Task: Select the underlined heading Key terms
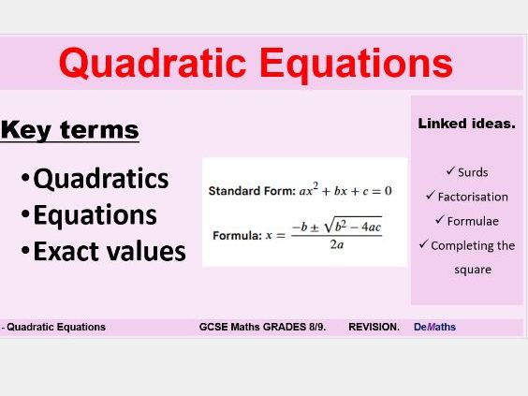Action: [69, 130]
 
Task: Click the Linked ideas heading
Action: [466, 124]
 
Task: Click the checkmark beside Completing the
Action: [423, 245]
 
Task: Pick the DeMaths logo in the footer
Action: [434, 328]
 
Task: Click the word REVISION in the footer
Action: [374, 328]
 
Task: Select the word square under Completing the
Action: [466, 269]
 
